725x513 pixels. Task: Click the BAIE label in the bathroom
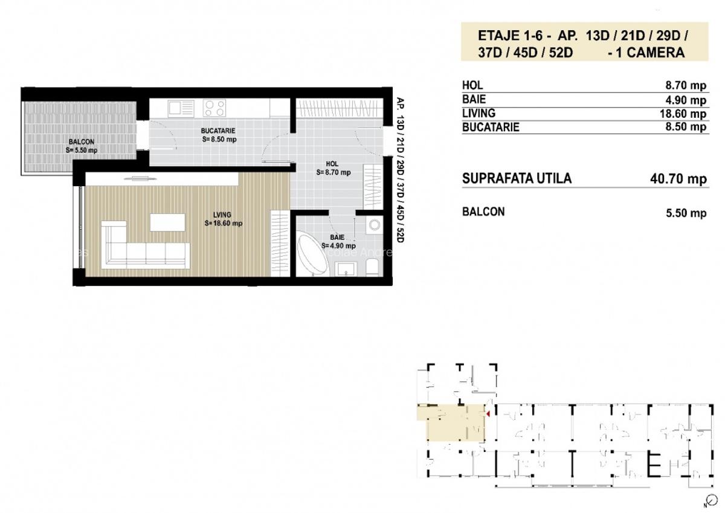[x=337, y=238]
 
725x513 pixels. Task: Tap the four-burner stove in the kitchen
[x=214, y=108]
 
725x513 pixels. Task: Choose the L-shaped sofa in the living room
[x=142, y=248]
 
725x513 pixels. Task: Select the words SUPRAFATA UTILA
[x=516, y=179]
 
